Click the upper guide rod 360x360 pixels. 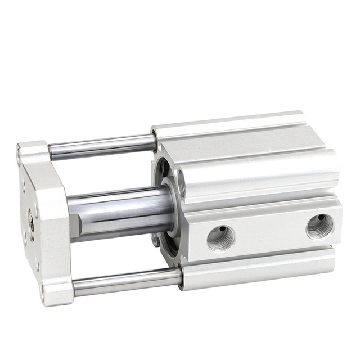[101, 146]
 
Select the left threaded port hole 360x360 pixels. [220, 237]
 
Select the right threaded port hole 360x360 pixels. [319, 226]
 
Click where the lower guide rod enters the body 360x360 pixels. [180, 276]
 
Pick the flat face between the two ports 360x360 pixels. [270, 232]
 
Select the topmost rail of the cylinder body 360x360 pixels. [231, 121]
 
